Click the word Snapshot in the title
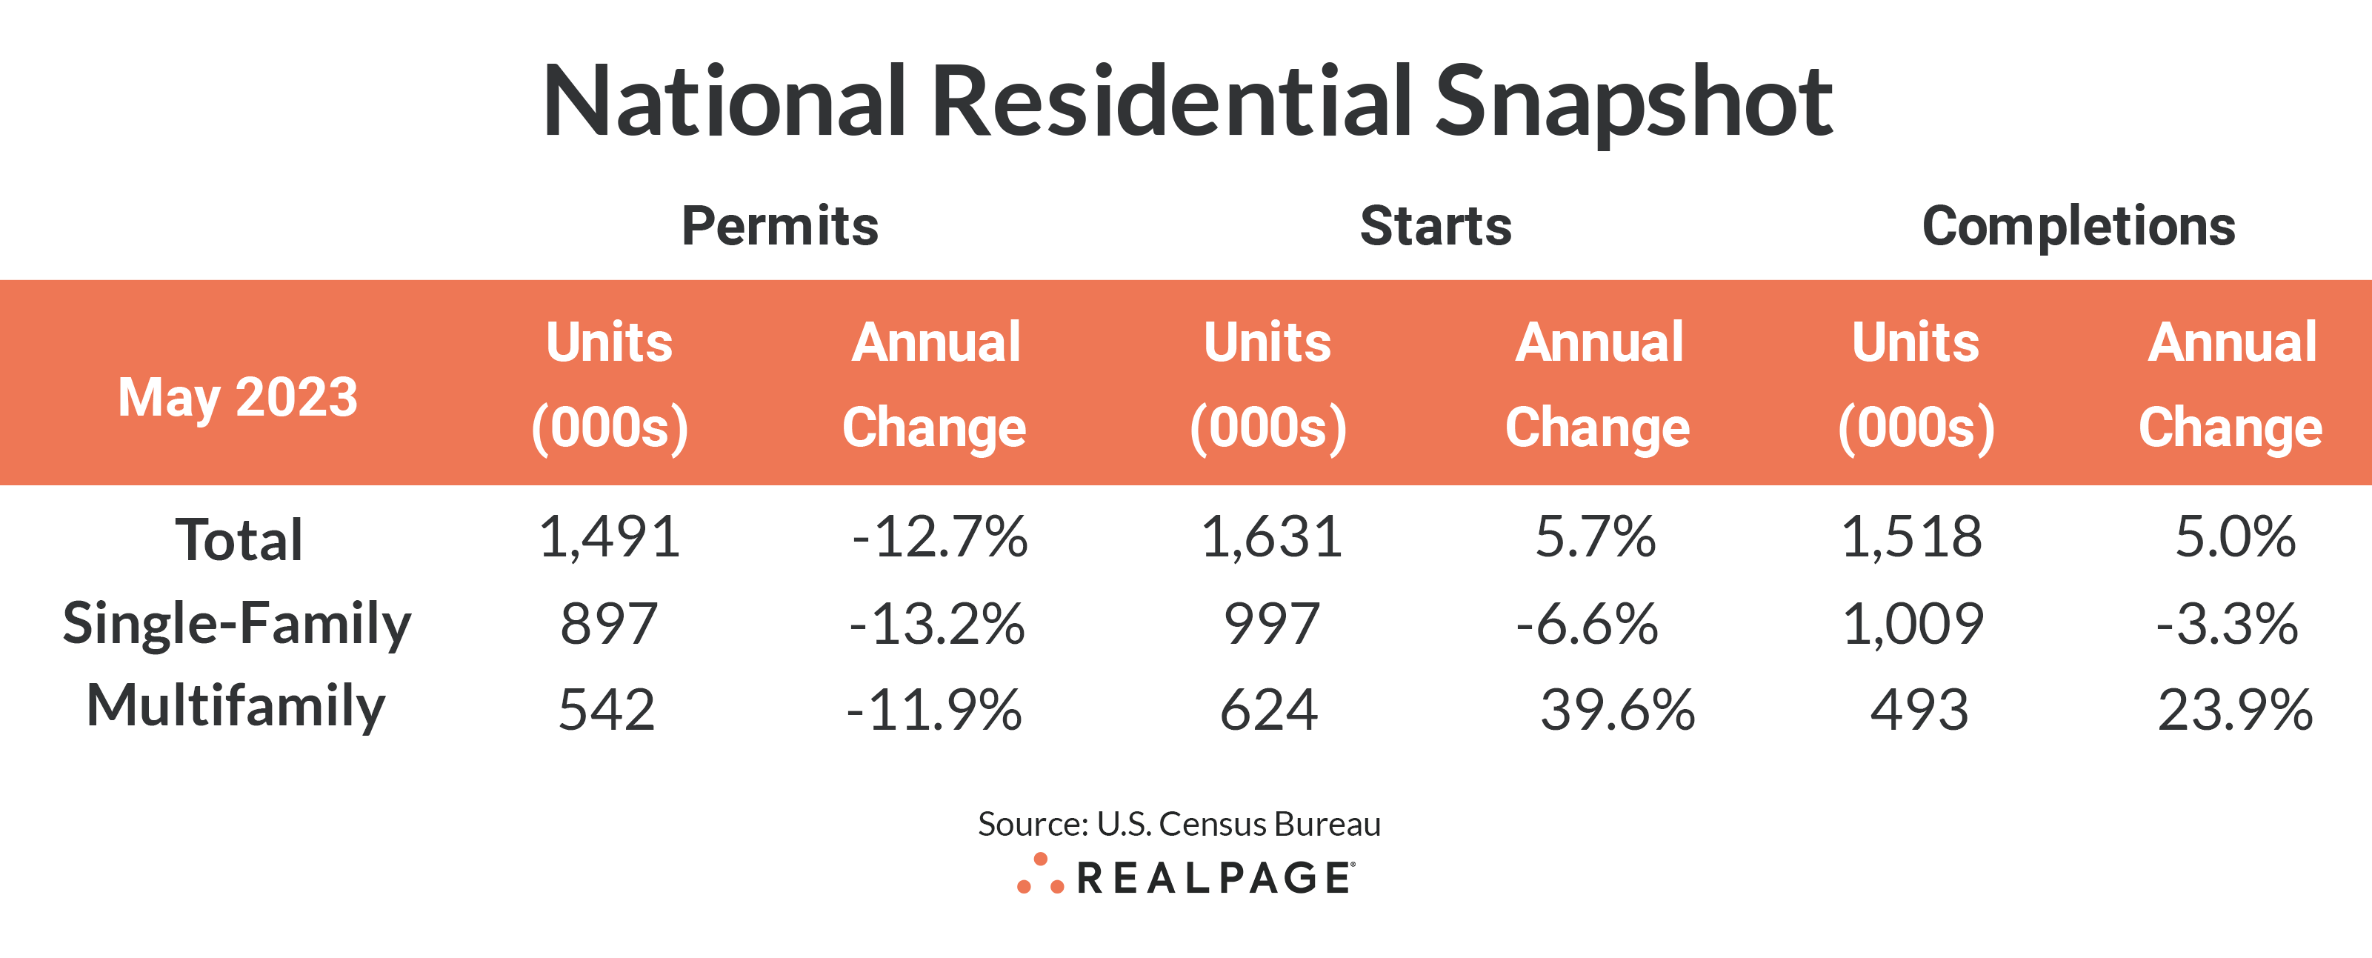(x=1633, y=103)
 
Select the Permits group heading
(x=780, y=227)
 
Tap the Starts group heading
(x=1436, y=227)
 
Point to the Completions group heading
(x=2078, y=227)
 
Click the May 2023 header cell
(x=238, y=398)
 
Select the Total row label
(x=239, y=540)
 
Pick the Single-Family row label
(x=236, y=625)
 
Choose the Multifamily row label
(x=236, y=707)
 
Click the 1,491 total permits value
(x=610, y=537)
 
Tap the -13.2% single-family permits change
(x=936, y=625)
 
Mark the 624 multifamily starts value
(x=1269, y=711)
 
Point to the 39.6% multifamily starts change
(x=1617, y=711)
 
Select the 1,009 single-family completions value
(x=1913, y=625)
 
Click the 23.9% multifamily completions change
(x=2235, y=711)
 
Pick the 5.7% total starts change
(x=1595, y=537)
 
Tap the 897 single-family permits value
(x=609, y=625)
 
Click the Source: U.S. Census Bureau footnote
(x=1179, y=823)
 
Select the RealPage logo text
(x=1216, y=878)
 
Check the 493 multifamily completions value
(x=1919, y=711)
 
